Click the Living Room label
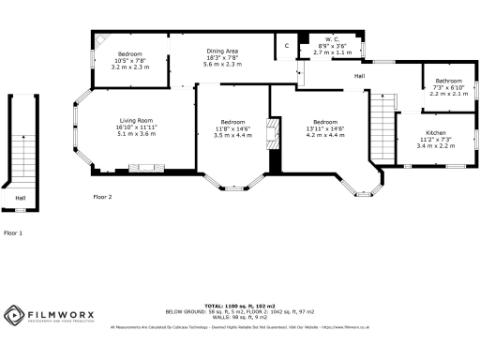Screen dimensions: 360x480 point(136,121)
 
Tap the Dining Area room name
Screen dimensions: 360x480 point(222,51)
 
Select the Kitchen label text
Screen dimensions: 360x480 point(436,133)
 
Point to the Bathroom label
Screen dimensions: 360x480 point(447,81)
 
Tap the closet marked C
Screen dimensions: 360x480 point(286,45)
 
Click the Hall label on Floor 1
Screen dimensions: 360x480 point(20,199)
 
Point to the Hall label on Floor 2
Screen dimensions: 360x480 point(360,76)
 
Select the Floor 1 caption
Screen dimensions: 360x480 point(13,232)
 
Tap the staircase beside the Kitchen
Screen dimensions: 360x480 point(383,131)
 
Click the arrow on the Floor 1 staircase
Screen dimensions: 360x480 point(20,141)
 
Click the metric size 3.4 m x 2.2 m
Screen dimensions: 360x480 point(436,145)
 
